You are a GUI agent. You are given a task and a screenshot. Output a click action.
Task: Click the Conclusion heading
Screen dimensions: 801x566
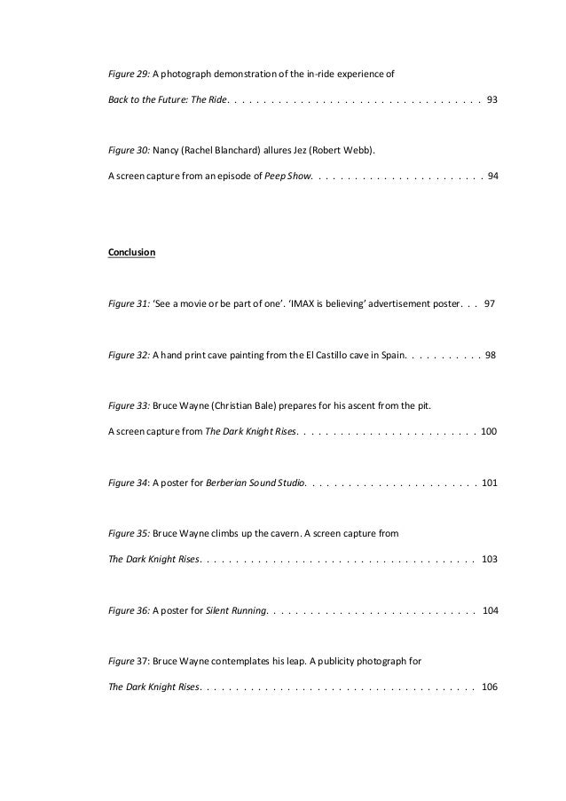131,253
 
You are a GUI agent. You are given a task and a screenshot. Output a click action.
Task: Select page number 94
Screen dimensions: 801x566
493,176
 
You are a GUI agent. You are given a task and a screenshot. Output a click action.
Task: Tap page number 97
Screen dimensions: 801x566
490,303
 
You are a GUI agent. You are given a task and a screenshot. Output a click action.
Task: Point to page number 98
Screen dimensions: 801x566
491,355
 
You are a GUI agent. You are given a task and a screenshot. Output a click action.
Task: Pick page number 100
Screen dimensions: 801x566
489,431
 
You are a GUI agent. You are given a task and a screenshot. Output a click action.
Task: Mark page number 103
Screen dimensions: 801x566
489,560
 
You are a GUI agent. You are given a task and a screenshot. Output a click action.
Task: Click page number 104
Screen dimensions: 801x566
489,611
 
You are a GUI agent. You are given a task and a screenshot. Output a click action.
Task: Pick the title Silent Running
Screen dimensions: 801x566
235,611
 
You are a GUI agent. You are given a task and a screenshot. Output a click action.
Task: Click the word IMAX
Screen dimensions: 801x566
333,303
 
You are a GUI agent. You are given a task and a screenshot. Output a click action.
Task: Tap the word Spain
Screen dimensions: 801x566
391,355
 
